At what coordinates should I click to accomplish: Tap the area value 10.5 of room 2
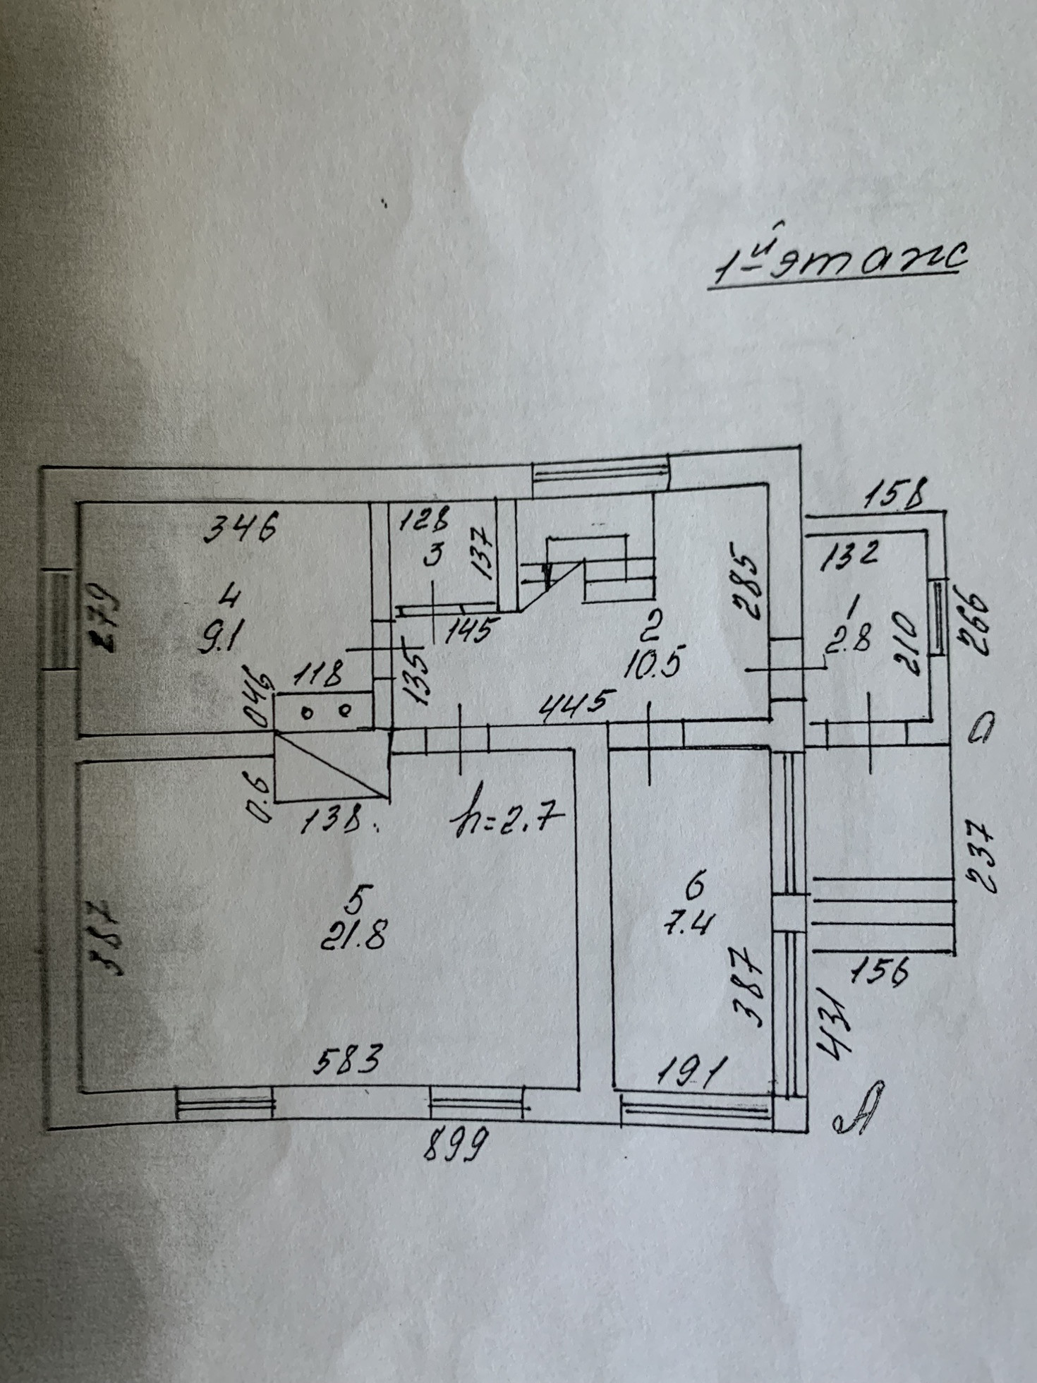coord(654,664)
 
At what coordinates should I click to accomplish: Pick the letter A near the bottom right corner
coord(857,1118)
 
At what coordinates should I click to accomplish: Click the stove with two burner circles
coord(325,711)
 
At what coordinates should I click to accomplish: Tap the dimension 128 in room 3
coord(423,522)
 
